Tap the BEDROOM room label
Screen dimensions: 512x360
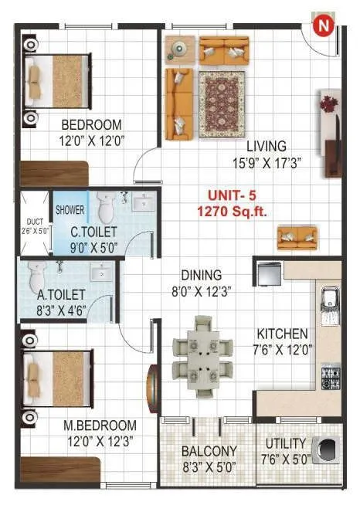tap(92, 124)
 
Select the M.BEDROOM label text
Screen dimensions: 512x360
tap(100, 426)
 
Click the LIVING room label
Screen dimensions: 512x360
tap(267, 146)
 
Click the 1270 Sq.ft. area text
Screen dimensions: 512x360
tap(236, 211)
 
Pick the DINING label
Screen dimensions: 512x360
tap(202, 275)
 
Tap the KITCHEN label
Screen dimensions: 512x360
tap(283, 334)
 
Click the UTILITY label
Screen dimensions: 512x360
tap(286, 444)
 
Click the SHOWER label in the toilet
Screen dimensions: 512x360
tap(70, 209)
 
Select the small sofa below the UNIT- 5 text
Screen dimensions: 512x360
tap(297, 236)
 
